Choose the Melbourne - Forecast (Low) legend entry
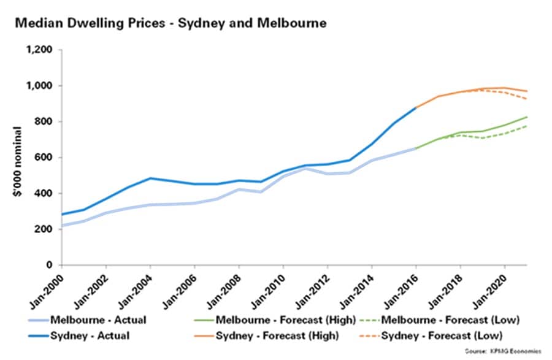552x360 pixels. click(x=448, y=320)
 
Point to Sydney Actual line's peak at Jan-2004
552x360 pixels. click(x=150, y=178)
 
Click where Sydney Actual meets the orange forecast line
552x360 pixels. click(x=416, y=108)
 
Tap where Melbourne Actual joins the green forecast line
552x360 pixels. click(x=416, y=148)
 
